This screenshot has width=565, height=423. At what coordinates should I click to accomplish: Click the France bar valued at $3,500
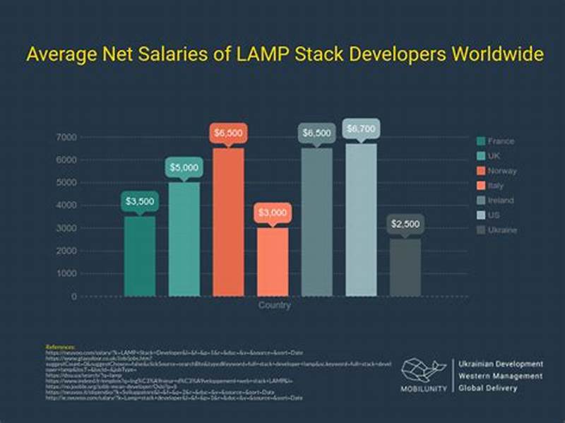[140, 256]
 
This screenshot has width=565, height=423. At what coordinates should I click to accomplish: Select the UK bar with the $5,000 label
[184, 239]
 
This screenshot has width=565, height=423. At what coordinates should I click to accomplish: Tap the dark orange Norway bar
[228, 222]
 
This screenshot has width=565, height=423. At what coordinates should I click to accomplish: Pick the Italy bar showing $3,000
[272, 261]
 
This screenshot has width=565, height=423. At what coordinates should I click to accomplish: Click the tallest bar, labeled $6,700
[360, 220]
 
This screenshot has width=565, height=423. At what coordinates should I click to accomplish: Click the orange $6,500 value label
[228, 133]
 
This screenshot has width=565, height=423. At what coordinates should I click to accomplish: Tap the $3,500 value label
[140, 201]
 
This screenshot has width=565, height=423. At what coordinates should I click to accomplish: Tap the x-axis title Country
[274, 306]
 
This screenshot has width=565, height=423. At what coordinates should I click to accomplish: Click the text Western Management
[501, 376]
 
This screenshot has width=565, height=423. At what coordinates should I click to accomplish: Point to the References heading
[60, 347]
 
